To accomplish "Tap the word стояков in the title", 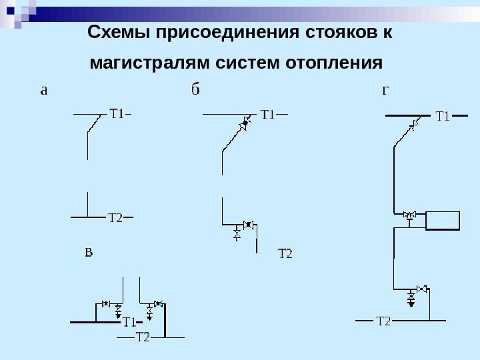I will pyautogui.click(x=338, y=33).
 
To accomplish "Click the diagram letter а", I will pyautogui.click(x=44, y=90).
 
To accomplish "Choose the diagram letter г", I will pyautogui.click(x=385, y=90).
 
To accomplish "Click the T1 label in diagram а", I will pyautogui.click(x=117, y=113).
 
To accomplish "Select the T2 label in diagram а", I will pyautogui.click(x=115, y=217).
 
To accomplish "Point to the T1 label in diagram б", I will pyautogui.click(x=267, y=115).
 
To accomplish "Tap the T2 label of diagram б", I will pyautogui.click(x=285, y=254).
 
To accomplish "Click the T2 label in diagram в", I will pyautogui.click(x=143, y=337).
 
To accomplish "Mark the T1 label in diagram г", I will pyautogui.click(x=443, y=117).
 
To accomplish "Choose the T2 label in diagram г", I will pyautogui.click(x=383, y=321).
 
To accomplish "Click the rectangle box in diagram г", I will pyautogui.click(x=443, y=220).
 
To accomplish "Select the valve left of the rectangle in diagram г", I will pyautogui.click(x=409, y=215).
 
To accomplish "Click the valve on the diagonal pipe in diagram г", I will pyautogui.click(x=415, y=123).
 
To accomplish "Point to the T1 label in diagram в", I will pyautogui.click(x=129, y=323).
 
